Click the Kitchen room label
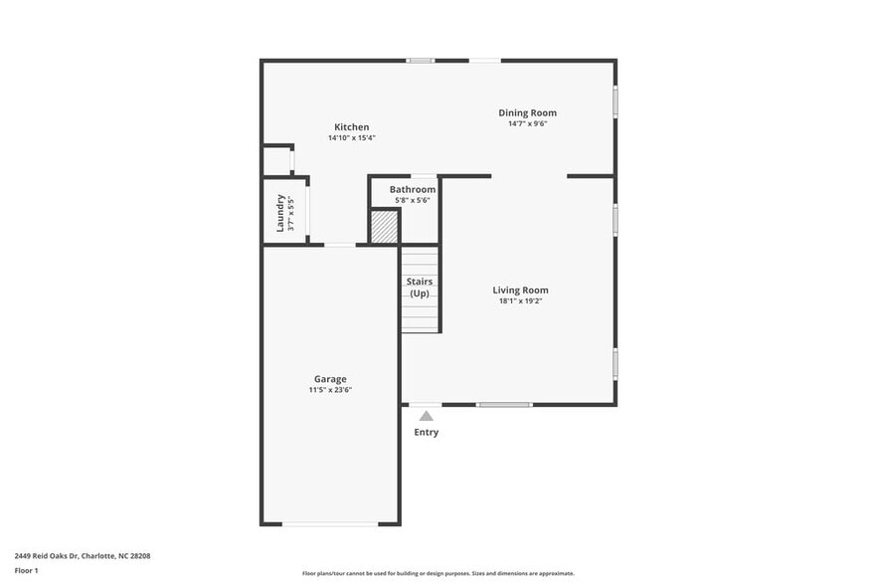click(x=351, y=127)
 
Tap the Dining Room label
click(x=527, y=112)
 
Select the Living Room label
click(x=520, y=291)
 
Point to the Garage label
click(x=330, y=379)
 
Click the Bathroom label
click(x=412, y=189)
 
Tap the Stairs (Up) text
click(x=420, y=288)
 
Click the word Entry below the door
click(x=426, y=433)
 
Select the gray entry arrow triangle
click(x=426, y=416)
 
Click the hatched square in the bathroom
click(x=384, y=226)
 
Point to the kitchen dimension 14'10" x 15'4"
click(x=351, y=138)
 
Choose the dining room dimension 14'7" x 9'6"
click(x=527, y=123)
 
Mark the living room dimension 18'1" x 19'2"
click(x=520, y=301)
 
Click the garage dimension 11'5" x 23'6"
click(x=330, y=390)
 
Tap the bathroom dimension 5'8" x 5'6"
click(x=412, y=200)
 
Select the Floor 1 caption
click(x=27, y=570)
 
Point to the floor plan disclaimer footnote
click(x=438, y=573)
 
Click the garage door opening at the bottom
click(x=330, y=523)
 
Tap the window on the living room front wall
click(x=503, y=404)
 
